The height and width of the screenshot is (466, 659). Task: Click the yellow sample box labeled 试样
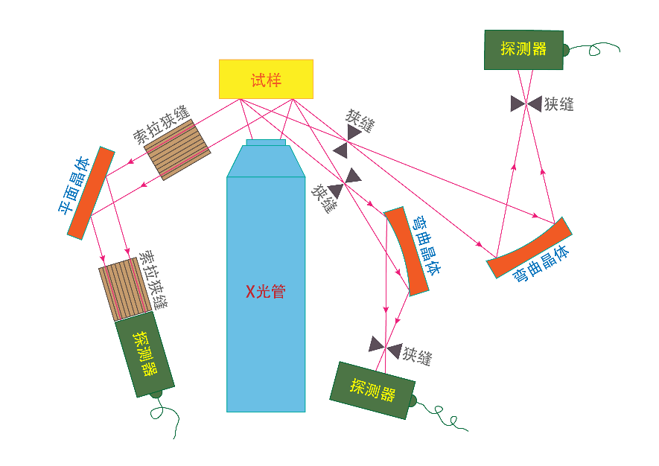[266, 79]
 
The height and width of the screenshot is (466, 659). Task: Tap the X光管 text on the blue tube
[266, 292]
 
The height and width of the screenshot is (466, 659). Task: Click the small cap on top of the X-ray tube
[266, 142]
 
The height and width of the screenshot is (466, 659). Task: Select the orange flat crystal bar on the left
[91, 193]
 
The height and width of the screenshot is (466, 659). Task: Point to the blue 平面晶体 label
[74, 186]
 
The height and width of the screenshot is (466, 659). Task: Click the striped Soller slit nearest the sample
[177, 149]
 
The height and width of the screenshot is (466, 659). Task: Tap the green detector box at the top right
[523, 50]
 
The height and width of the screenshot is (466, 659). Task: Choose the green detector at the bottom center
[372, 390]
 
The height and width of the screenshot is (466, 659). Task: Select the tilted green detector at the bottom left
[144, 354]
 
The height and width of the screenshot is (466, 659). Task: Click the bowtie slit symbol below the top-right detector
[526, 104]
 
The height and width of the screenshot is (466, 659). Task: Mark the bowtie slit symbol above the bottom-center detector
[386, 346]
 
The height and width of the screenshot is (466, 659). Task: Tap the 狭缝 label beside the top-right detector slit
[558, 104]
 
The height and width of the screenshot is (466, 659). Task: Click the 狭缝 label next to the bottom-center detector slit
[417, 355]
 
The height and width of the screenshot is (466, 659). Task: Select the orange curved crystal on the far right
[529, 249]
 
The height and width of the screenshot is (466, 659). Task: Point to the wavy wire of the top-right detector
[596, 49]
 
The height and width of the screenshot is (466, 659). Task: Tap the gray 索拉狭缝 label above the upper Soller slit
[162, 124]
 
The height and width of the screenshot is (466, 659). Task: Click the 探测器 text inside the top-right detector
[523, 49]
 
